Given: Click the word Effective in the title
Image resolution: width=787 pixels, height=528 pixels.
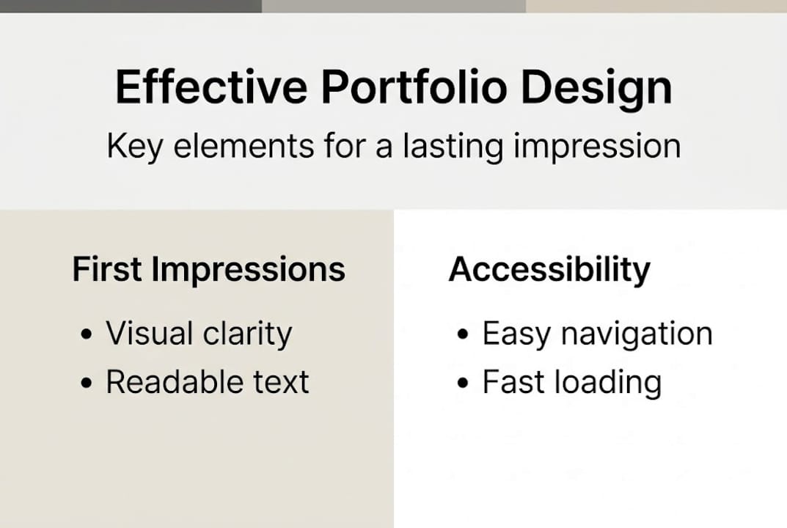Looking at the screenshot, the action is pyautogui.click(x=211, y=87).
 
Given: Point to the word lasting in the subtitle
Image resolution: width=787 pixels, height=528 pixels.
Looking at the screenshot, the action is pyautogui.click(x=453, y=147).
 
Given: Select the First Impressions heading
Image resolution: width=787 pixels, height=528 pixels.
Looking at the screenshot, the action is pyautogui.click(x=209, y=270).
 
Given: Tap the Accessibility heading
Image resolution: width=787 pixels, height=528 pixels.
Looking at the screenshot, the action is pyautogui.click(x=549, y=270).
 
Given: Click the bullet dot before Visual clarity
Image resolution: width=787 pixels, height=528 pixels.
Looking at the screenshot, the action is pyautogui.click(x=87, y=334).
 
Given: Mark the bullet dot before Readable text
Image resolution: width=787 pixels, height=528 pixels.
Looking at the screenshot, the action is pyautogui.click(x=87, y=383).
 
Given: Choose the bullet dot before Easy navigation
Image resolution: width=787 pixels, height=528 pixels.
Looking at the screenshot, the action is pyautogui.click(x=463, y=334).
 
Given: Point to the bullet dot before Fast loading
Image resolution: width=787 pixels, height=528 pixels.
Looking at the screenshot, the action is pyautogui.click(x=463, y=383).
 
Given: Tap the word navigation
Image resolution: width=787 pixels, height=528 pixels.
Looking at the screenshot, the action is pyautogui.click(x=637, y=335).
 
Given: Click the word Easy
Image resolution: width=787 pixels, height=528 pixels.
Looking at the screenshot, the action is pyautogui.click(x=516, y=335).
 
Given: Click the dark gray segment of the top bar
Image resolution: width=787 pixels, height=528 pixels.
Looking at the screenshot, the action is pyautogui.click(x=131, y=6).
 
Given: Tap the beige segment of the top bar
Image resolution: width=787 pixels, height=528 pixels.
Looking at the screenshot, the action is pyautogui.click(x=656, y=6).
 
